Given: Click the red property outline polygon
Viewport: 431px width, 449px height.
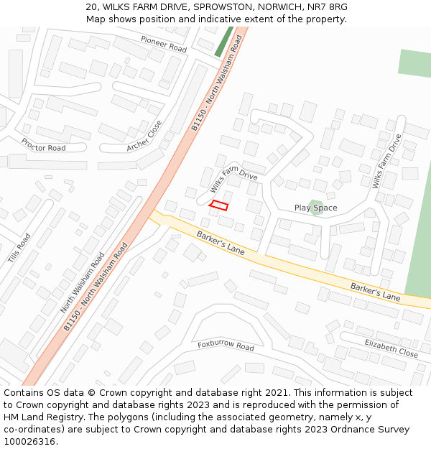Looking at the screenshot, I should tap(218, 205).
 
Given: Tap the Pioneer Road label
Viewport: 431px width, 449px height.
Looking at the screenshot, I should tap(164, 44).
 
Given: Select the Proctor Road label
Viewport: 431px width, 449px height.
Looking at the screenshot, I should tap(43, 148).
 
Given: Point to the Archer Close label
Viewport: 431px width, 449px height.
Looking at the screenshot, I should tap(144, 136).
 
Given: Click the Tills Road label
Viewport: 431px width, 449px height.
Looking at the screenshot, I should tap(19, 248).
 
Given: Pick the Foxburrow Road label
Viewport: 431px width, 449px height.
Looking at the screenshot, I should tap(226, 346).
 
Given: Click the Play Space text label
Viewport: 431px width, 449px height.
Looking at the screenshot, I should tap(315, 208).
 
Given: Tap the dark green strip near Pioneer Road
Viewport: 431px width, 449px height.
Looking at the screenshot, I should tap(224, 42).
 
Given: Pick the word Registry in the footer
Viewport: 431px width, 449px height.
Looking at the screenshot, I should tap(69, 417).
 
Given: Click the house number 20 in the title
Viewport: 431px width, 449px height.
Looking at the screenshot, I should tap(91, 6).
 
